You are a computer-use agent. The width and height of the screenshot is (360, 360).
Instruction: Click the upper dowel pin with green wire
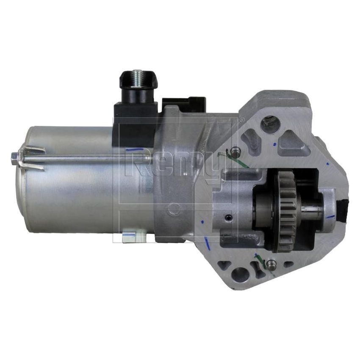(235, 151)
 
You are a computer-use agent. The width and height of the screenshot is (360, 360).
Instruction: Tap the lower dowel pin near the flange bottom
(271, 264)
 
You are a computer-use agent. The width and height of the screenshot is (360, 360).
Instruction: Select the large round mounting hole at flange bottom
(241, 274)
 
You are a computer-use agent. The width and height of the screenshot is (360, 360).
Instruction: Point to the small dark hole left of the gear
(229, 218)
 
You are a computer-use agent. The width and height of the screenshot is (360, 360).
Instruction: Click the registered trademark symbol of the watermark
(242, 120)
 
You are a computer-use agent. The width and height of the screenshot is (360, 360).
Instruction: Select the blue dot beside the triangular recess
(274, 144)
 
